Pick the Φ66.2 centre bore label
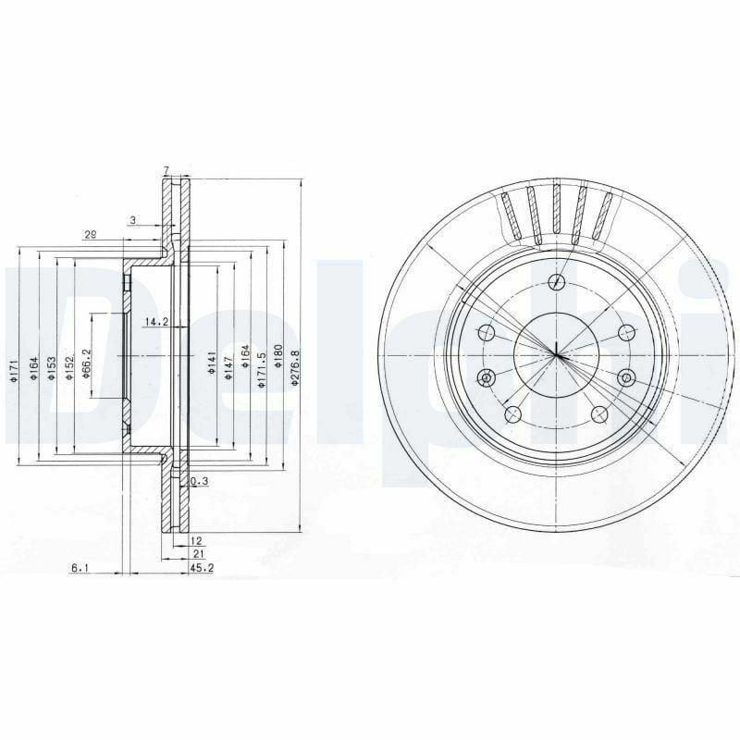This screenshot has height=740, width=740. (x=86, y=363)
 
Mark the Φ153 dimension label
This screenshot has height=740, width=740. (x=52, y=367)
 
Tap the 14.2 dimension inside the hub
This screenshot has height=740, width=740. (x=154, y=323)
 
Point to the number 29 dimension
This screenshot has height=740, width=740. (x=90, y=235)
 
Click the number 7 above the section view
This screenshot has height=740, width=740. (x=165, y=168)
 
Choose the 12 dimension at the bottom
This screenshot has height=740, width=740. (x=195, y=539)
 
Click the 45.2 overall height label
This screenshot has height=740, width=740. (x=202, y=568)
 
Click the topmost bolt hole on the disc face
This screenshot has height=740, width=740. (x=555, y=282)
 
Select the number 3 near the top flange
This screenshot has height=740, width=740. (x=132, y=219)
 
